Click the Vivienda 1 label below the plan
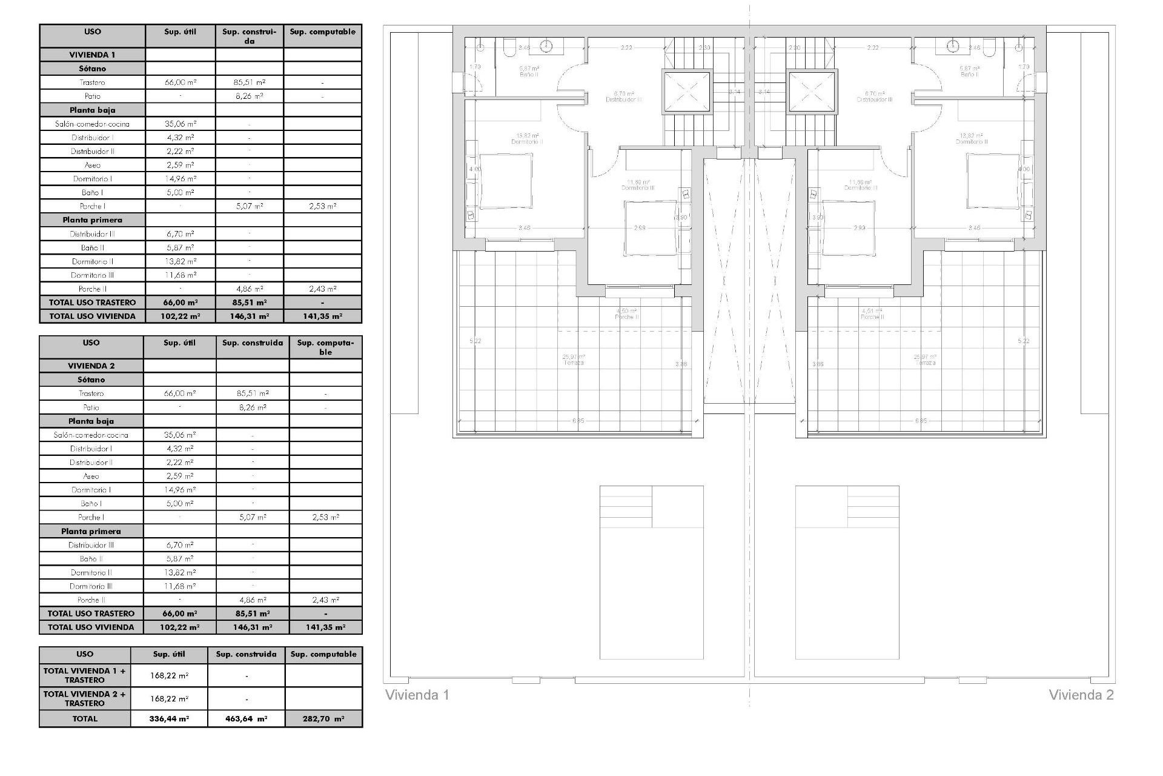click(x=417, y=695)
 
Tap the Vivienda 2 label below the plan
click(x=1081, y=695)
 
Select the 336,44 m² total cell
click(x=169, y=719)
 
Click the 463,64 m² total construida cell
click(x=247, y=719)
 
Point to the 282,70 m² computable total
click(x=323, y=719)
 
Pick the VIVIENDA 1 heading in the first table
click(x=92, y=55)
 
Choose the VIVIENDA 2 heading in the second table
click(x=91, y=366)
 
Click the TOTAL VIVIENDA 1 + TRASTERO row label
click(x=85, y=675)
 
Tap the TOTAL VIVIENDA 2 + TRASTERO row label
click(x=85, y=698)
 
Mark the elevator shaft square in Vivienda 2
click(x=812, y=92)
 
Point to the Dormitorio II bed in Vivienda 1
click(x=506, y=180)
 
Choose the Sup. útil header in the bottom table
click(x=169, y=654)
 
